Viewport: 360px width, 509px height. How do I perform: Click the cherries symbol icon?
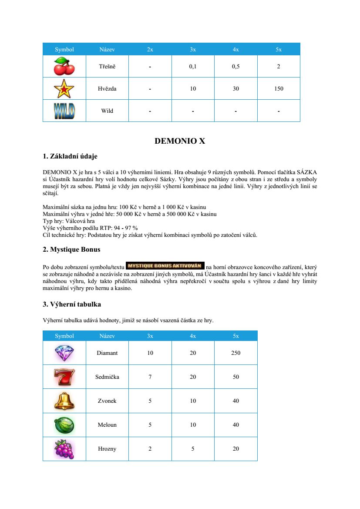[64, 67]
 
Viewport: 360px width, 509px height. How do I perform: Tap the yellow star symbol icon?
[64, 89]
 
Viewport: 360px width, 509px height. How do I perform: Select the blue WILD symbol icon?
[64, 111]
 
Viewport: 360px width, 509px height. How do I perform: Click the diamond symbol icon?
[64, 353]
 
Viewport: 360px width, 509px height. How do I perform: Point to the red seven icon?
[64, 377]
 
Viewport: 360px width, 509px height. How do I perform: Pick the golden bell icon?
[64, 401]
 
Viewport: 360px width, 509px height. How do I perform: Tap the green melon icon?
[64, 425]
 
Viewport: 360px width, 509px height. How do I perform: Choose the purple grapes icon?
[64, 449]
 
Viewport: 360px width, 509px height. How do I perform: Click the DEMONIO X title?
[180, 141]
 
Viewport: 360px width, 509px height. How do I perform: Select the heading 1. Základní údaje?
[73, 156]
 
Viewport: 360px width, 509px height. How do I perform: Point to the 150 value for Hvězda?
[279, 89]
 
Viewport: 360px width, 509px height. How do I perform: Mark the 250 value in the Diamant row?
[236, 353]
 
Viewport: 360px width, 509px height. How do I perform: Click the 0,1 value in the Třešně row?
[193, 67]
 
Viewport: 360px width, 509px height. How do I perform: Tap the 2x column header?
[150, 49]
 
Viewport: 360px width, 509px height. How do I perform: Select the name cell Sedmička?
[107, 377]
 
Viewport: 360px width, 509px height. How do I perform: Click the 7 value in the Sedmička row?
[150, 377]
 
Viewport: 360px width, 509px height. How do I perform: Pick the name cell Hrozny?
[107, 449]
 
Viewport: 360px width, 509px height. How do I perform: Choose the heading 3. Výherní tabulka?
[72, 304]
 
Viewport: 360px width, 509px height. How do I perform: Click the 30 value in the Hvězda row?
[236, 89]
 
